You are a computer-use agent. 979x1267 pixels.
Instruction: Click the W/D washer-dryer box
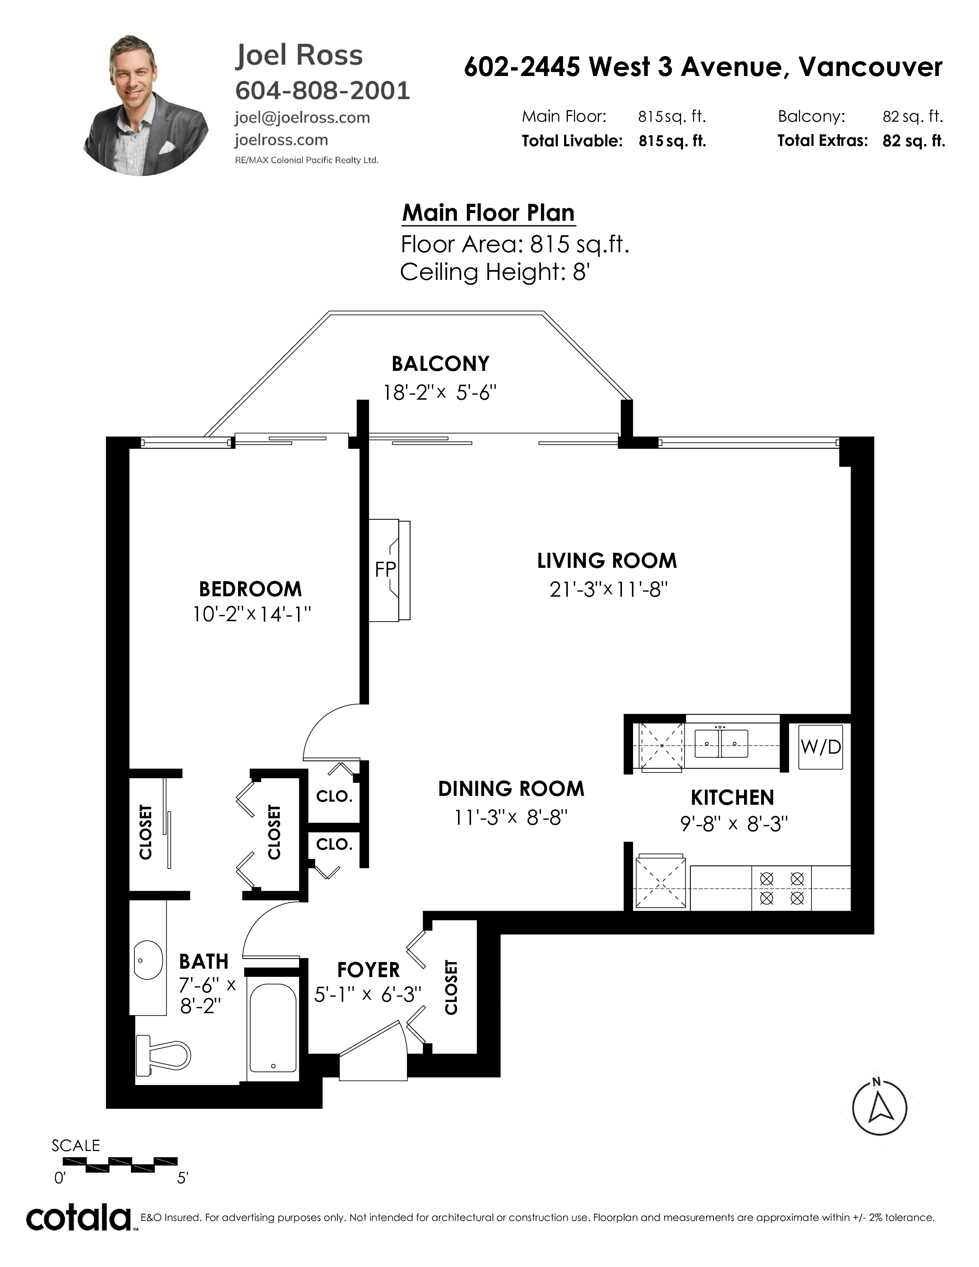click(820, 747)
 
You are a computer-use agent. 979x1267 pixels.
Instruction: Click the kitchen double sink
click(721, 743)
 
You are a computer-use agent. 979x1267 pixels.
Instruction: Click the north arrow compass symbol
click(879, 1109)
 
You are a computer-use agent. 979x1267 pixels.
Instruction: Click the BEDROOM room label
click(251, 589)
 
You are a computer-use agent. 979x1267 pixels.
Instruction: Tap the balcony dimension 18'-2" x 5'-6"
click(440, 393)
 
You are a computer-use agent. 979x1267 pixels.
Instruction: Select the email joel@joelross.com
click(302, 118)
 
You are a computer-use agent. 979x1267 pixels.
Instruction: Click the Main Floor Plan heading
click(488, 213)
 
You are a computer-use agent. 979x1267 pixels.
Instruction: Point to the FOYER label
click(368, 969)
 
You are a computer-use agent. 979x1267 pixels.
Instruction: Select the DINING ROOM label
click(511, 788)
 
